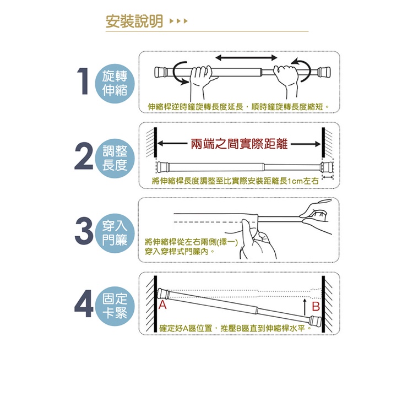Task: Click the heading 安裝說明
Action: pyautogui.click(x=134, y=21)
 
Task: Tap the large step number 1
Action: pyautogui.click(x=84, y=81)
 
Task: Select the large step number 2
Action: pyautogui.click(x=84, y=156)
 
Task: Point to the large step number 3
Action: pyautogui.click(x=84, y=231)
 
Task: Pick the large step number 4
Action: pyautogui.click(x=84, y=303)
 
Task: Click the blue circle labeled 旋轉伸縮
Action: pyautogui.click(x=115, y=83)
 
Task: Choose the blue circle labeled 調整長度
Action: pyautogui.click(x=115, y=158)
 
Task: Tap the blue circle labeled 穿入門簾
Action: pyautogui.click(x=115, y=233)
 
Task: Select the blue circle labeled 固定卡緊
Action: pyautogui.click(x=115, y=306)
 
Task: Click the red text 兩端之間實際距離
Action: pyautogui.click(x=239, y=144)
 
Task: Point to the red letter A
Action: pyautogui.click(x=163, y=305)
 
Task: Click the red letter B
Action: pyautogui.click(x=316, y=307)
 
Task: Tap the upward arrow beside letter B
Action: pyautogui.click(x=305, y=307)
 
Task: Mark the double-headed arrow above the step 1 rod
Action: pyautogui.click(x=246, y=57)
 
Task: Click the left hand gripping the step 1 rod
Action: pyautogui.click(x=202, y=81)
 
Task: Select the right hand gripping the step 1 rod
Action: pyautogui.click(x=286, y=80)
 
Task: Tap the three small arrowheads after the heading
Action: pyautogui.click(x=178, y=21)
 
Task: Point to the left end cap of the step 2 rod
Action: pyautogui.click(x=162, y=167)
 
